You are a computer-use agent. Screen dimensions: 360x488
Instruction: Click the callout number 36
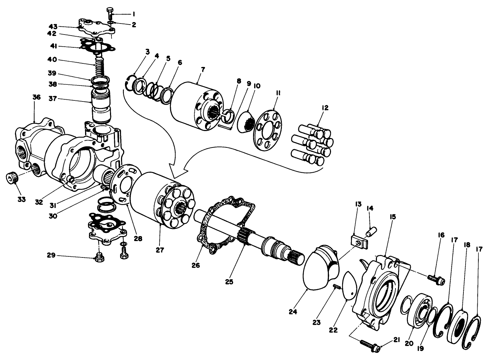point(36,98)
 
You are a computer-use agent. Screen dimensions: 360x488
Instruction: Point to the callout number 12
point(325,108)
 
